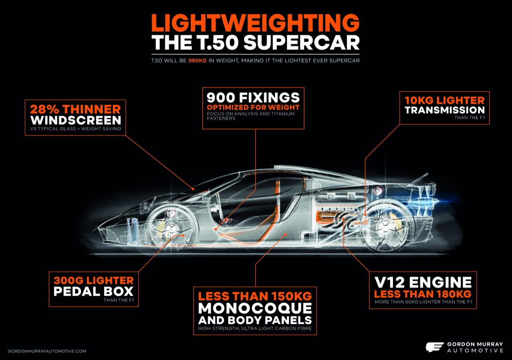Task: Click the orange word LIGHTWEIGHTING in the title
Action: [255, 23]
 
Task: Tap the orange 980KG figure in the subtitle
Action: [198, 61]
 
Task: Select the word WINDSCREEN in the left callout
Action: [76, 120]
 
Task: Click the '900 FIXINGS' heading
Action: [253, 98]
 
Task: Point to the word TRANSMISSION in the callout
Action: [444, 110]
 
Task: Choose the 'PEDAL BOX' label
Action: [94, 291]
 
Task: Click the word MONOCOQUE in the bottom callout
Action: [255, 308]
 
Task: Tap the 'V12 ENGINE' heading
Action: [423, 282]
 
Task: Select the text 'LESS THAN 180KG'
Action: [423, 294]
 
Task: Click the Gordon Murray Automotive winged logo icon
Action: [434, 347]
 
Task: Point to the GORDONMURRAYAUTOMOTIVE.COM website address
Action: [47, 351]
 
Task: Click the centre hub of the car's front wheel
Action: [169, 228]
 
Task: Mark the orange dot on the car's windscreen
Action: [193, 189]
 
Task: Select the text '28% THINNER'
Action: [75, 109]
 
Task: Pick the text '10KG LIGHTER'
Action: [444, 100]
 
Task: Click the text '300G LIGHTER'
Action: [94, 280]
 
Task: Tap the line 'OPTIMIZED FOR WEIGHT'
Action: [253, 108]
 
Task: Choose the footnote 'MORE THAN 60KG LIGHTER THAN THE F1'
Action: [423, 302]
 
